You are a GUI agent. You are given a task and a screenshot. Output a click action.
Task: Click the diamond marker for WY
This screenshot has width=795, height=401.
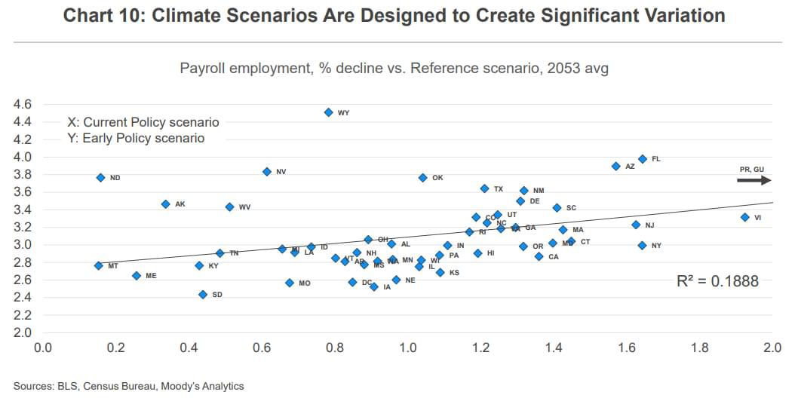328,112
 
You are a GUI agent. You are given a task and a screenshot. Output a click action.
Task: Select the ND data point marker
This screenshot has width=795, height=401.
100,177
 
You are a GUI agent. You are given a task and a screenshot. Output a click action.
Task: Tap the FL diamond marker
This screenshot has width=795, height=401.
642,159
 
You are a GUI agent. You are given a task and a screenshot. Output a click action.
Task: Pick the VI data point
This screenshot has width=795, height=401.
744,217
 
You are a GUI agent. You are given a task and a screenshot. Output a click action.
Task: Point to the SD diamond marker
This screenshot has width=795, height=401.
202,295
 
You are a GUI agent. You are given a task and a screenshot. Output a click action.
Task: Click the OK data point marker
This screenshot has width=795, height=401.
422,178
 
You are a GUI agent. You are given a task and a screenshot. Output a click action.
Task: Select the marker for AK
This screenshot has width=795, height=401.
165,204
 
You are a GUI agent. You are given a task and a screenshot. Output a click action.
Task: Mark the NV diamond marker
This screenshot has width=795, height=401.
266,172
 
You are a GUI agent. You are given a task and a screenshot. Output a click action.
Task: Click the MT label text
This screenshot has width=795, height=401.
113,266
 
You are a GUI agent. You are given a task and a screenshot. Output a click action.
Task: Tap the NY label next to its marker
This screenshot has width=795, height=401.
656,246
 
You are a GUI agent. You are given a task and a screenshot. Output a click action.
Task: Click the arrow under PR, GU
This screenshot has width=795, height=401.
754,180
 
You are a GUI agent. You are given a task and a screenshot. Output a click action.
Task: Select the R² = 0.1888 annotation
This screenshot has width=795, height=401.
718,281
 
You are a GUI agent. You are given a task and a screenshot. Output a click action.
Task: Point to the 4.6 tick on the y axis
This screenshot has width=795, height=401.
23,104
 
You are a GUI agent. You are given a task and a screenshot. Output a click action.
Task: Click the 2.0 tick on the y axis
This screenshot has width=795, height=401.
23,332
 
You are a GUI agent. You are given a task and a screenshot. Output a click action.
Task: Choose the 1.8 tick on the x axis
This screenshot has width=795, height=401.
700,348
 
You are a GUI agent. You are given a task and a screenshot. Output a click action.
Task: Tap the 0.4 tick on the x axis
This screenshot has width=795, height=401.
189,348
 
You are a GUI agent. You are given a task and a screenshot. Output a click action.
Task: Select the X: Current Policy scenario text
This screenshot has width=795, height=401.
143,122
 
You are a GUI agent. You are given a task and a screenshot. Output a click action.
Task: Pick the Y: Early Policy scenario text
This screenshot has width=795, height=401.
136,138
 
